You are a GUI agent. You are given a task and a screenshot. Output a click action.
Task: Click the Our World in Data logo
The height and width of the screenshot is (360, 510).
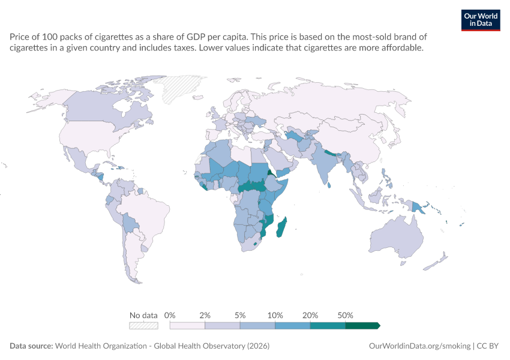[481, 20]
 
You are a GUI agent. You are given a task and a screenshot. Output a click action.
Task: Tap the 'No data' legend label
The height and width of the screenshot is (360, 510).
[143, 315]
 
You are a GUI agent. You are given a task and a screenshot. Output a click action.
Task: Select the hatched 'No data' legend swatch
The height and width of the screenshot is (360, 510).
[143, 326]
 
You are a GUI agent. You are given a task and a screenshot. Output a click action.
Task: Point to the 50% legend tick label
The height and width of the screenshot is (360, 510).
[345, 315]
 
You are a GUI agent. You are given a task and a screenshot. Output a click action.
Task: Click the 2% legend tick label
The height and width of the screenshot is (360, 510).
[205, 315]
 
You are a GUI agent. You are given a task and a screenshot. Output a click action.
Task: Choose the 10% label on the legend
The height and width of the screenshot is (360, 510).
[275, 315]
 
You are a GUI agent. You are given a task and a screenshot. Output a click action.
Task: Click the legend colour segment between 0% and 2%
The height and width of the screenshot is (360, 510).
[187, 326]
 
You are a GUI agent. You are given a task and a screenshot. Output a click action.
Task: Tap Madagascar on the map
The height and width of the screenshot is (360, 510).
[281, 227]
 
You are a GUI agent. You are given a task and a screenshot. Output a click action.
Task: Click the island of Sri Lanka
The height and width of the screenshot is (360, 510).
[329, 185]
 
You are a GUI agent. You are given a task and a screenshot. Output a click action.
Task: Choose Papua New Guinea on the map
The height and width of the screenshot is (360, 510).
[419, 208]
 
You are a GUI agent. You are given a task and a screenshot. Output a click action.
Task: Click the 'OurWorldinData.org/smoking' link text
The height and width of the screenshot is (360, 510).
[419, 346]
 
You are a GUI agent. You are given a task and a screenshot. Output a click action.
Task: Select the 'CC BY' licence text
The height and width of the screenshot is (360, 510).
[488, 346]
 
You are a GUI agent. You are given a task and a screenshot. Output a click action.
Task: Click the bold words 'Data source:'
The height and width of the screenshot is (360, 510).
[31, 346]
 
